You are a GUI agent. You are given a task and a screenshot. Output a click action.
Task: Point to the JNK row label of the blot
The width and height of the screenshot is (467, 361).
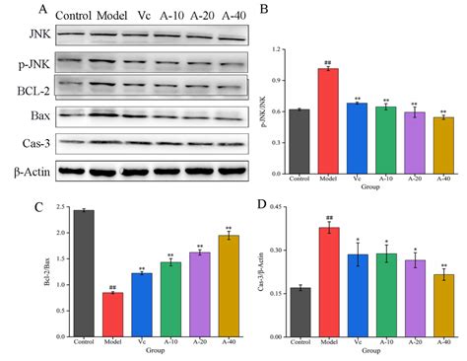[17, 36]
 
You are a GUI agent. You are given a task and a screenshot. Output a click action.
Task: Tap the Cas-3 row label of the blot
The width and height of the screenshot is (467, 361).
[22, 144]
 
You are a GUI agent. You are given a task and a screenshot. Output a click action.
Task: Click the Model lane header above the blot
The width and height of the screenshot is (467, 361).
[108, 15]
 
